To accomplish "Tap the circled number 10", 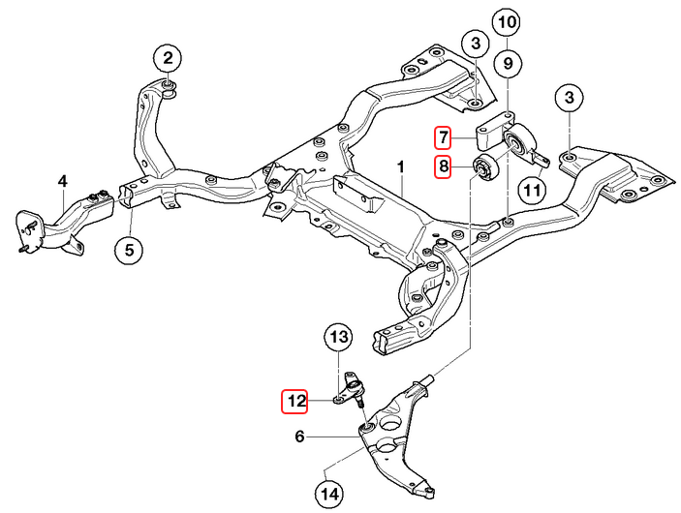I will click(507, 20).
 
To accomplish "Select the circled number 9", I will click(507, 64).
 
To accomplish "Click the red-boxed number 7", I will click(443, 136).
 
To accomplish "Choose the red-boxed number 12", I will click(295, 400).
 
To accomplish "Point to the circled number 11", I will click(532, 191).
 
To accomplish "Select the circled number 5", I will click(129, 250).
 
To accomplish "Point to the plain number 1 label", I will click(400, 166).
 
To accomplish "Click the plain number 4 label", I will click(62, 181).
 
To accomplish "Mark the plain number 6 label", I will click(300, 438).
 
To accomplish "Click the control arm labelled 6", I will click(397, 440).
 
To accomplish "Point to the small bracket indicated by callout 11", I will click(536, 155).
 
